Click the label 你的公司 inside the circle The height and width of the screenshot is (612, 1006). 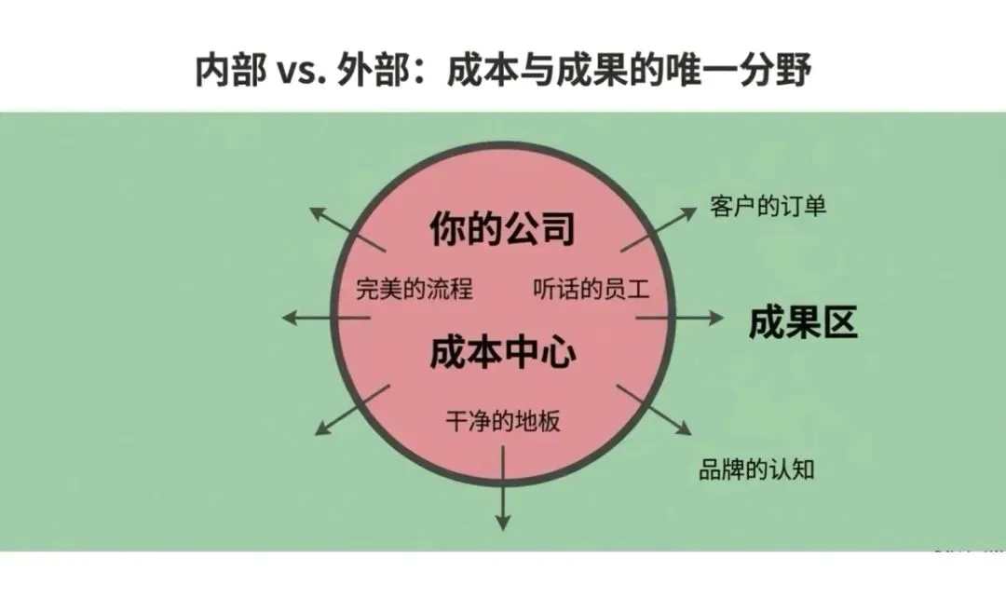click(502, 229)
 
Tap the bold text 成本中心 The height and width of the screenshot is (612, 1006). click(502, 353)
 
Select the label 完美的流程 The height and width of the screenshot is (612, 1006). click(415, 289)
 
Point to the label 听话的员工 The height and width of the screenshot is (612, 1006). click(591, 289)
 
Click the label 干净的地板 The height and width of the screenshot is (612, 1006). click(503, 422)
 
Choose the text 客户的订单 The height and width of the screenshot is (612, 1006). click(768, 207)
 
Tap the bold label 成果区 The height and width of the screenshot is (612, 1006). click(803, 322)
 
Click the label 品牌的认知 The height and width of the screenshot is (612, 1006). click(756, 469)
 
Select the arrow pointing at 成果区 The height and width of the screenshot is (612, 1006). click(680, 318)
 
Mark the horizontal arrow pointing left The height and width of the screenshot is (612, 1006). click(326, 318)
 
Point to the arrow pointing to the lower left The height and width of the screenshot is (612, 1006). click(352, 410)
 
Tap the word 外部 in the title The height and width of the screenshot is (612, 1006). click(373, 71)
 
